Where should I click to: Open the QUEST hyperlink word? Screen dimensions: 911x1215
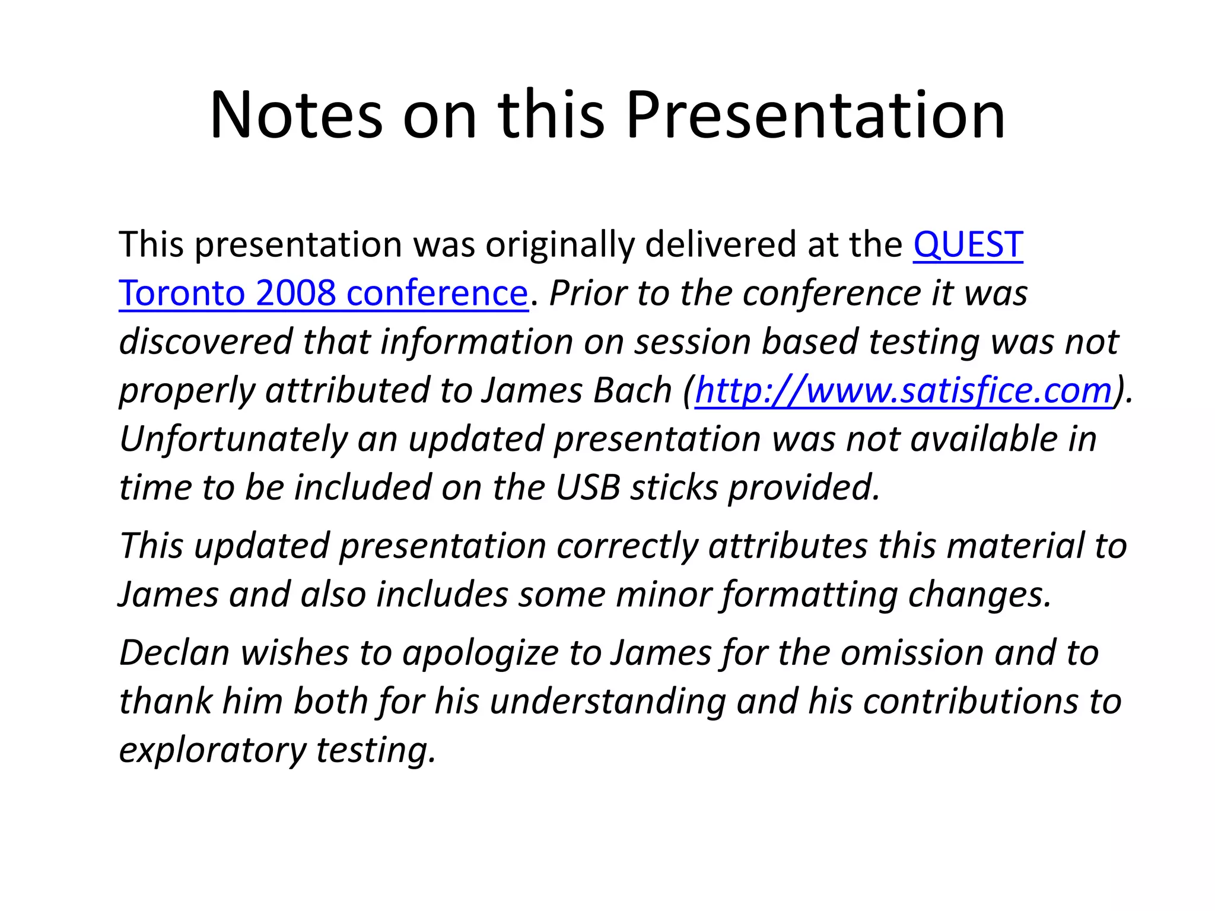coord(968,244)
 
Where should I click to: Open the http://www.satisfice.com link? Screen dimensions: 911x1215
coord(904,390)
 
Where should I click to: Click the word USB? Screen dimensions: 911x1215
coord(588,488)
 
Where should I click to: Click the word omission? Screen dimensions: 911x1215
coord(912,652)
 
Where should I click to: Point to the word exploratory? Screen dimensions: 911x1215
coord(212,750)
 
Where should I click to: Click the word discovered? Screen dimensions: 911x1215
coord(206,342)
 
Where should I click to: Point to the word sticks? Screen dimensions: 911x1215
coord(674,488)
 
